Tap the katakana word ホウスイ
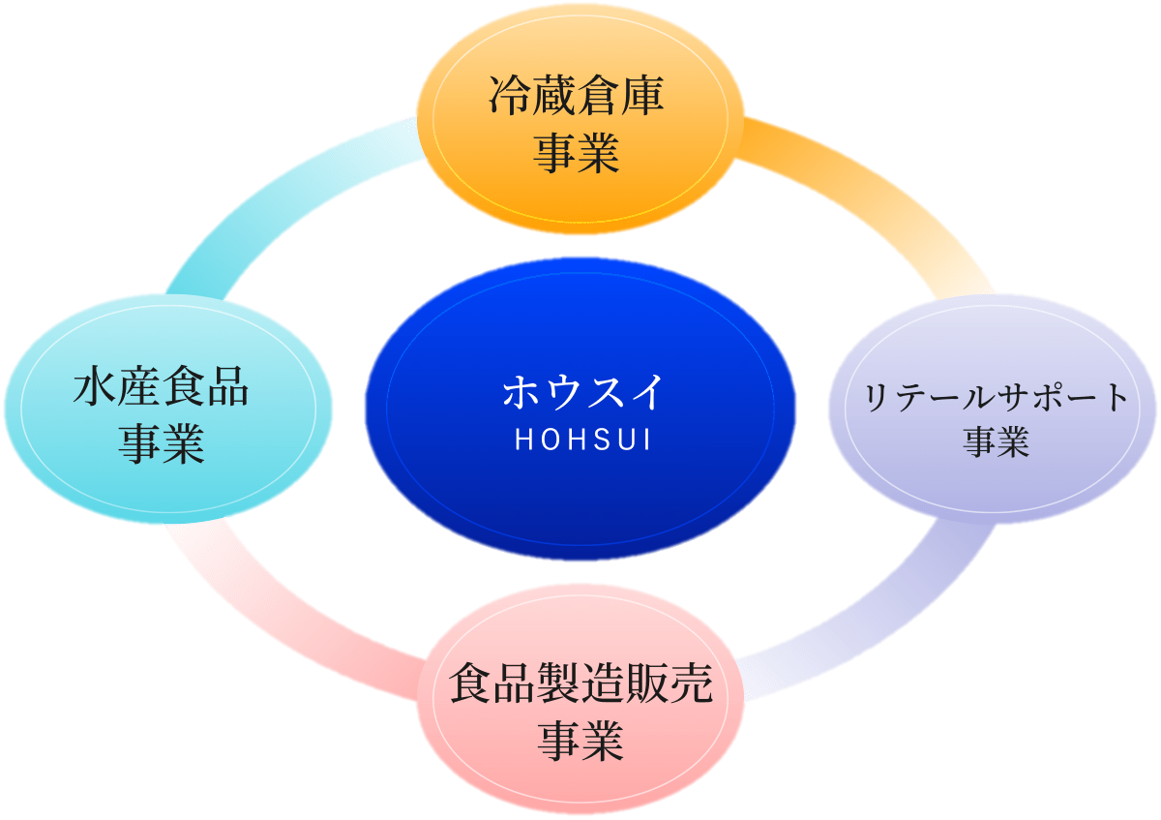point(581,392)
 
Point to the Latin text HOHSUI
point(581,440)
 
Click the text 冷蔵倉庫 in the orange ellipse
point(577,98)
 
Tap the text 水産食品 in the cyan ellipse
point(162,387)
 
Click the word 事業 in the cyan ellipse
point(162,443)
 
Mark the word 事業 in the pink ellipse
point(580,742)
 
